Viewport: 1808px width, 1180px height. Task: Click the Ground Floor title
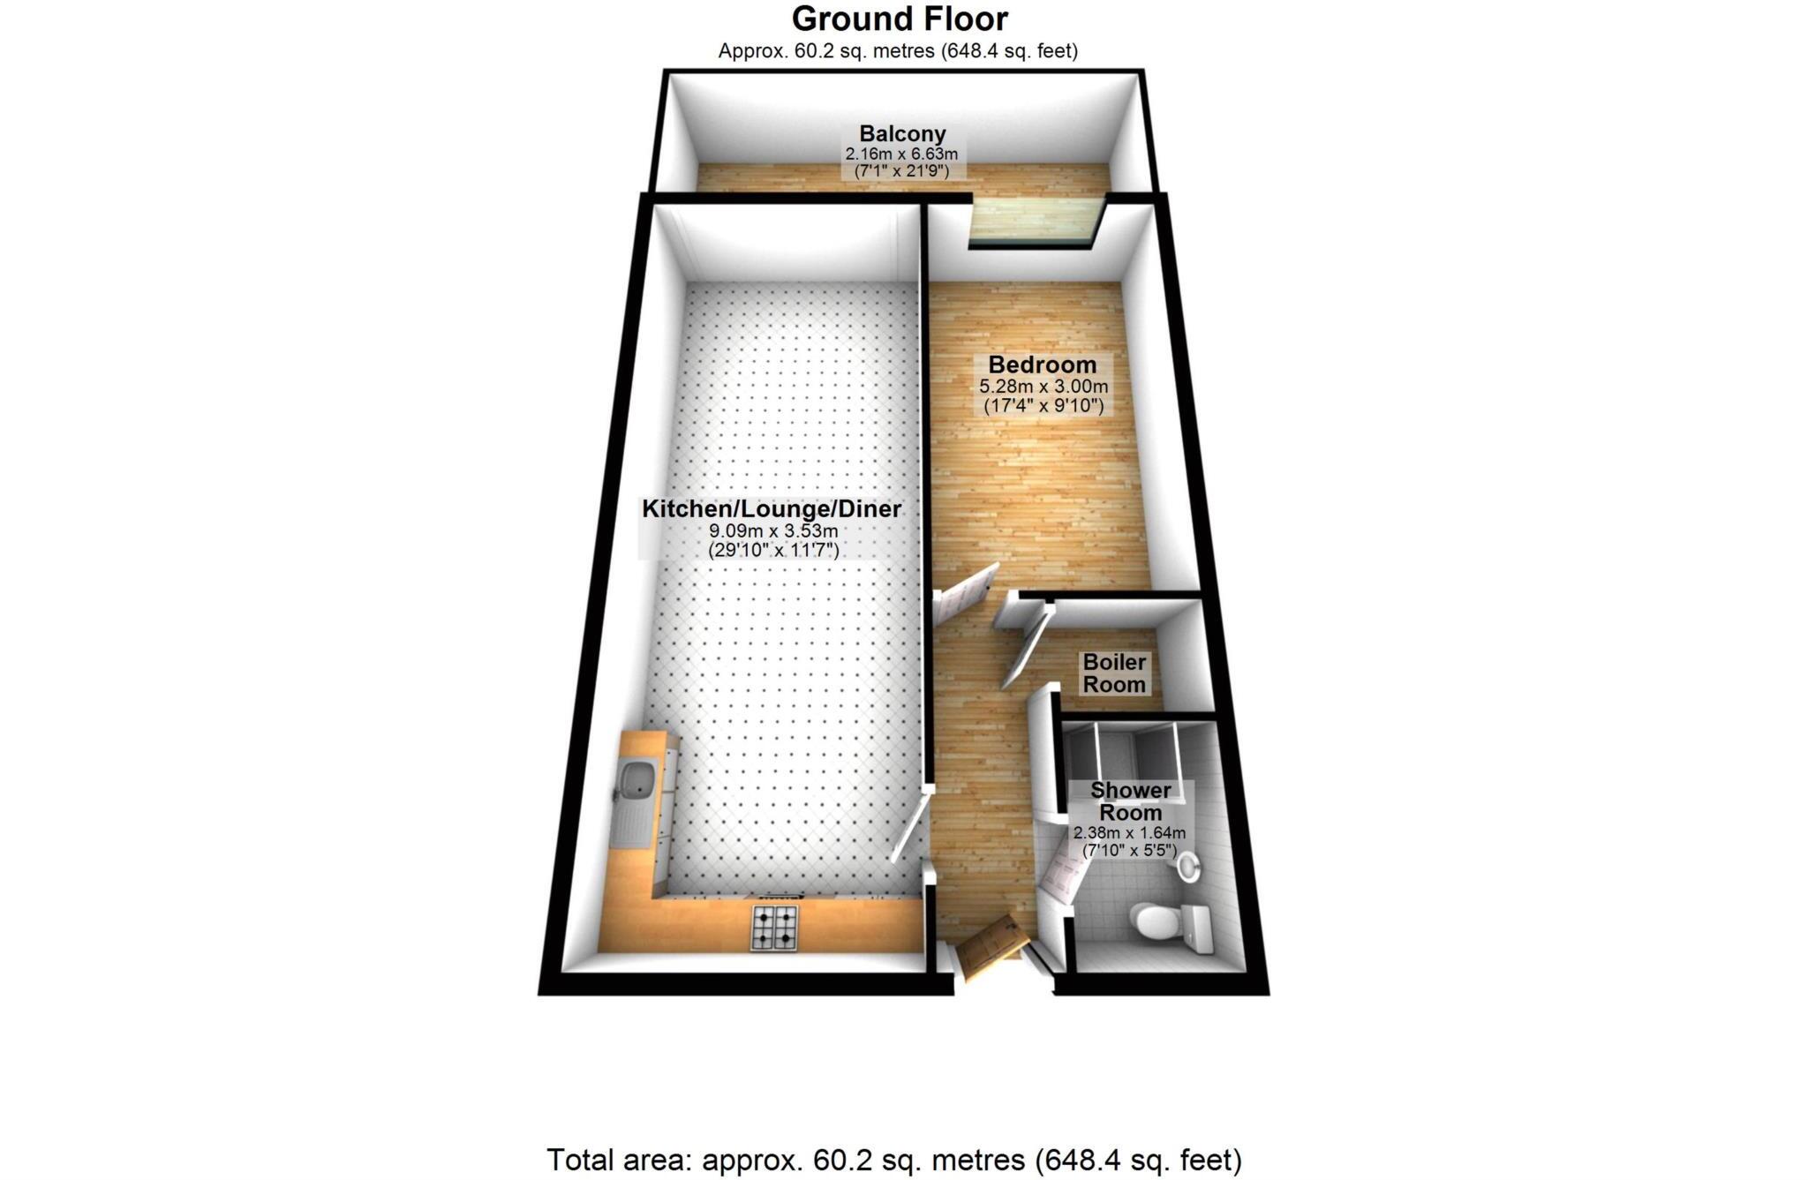click(899, 19)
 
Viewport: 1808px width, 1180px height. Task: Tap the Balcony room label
click(902, 134)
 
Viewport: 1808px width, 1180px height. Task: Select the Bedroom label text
click(1042, 365)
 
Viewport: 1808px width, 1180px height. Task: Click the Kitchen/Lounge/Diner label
click(771, 509)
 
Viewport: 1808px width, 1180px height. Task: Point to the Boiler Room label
click(1114, 673)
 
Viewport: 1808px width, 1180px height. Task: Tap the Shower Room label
click(1130, 800)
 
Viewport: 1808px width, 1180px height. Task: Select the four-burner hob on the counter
click(774, 928)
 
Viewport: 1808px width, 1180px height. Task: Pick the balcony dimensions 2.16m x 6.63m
click(901, 154)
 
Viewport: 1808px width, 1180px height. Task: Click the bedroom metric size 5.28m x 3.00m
click(1043, 387)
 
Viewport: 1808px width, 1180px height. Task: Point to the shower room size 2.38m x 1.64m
click(1129, 832)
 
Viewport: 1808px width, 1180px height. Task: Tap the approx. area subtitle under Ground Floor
click(897, 51)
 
